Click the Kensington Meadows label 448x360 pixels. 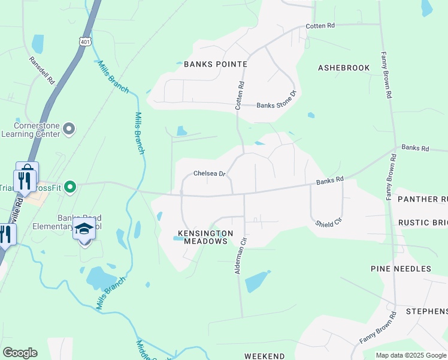tap(203, 236)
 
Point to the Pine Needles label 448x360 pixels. tap(401, 268)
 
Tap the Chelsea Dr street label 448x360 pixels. tap(209, 174)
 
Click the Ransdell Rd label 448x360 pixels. tap(42, 71)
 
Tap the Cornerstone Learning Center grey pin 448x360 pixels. tap(69, 128)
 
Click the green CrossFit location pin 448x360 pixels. tap(70, 188)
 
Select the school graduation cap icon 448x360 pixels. tap(84, 229)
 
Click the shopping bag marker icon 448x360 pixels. tap(27, 170)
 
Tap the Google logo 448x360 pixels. tap(20, 353)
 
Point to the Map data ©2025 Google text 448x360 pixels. tap(411, 355)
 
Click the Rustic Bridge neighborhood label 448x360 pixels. tap(423, 223)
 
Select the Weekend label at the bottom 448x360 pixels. tap(265, 356)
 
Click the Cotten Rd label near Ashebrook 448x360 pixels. tap(320, 26)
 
